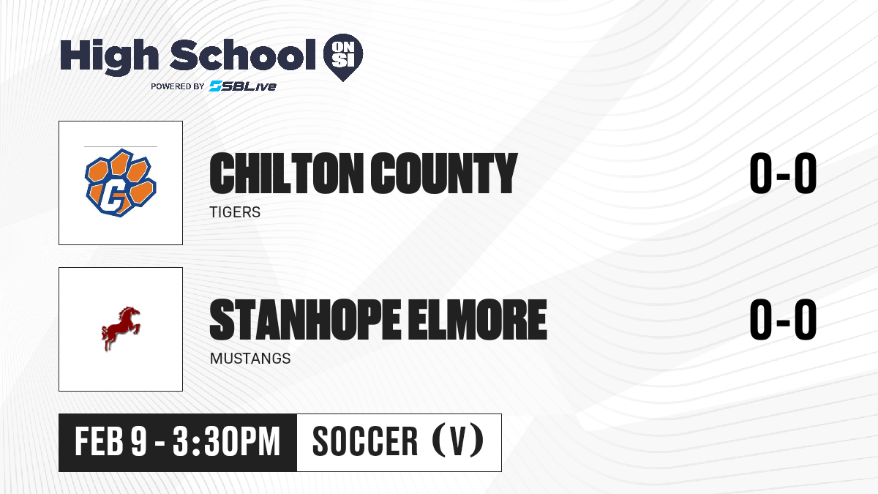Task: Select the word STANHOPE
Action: point(305,320)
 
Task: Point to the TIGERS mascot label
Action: point(235,212)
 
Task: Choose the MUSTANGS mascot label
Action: point(250,359)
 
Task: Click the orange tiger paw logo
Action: point(121,183)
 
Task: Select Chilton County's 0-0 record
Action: point(783,173)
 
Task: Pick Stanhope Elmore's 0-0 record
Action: point(783,320)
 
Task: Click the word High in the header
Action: point(110,56)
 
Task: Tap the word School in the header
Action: point(243,54)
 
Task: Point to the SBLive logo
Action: point(242,86)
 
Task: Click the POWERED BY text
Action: point(178,86)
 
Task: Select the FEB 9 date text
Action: point(111,442)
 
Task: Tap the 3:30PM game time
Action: point(227,442)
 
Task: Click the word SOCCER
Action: point(365,442)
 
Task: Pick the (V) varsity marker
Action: point(458,441)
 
